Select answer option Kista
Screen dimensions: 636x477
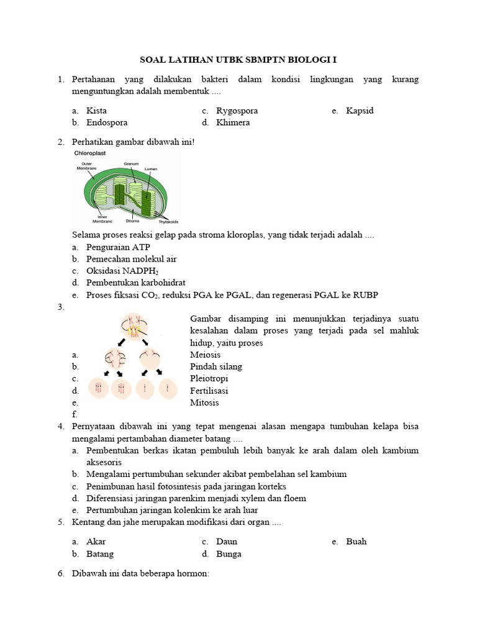(x=97, y=111)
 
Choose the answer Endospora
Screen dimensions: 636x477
(x=107, y=122)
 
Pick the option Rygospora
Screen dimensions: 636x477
(x=237, y=111)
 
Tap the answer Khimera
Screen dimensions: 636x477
(x=233, y=122)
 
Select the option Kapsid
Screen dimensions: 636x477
(x=360, y=111)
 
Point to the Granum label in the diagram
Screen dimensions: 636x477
(x=130, y=163)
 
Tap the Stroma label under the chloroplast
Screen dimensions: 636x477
(x=132, y=220)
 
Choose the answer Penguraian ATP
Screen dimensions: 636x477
(x=118, y=247)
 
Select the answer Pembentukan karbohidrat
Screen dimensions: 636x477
(x=136, y=283)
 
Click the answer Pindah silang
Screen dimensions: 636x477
(x=216, y=366)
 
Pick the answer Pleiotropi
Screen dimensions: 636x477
(x=209, y=378)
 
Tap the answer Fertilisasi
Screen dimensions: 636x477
(x=209, y=391)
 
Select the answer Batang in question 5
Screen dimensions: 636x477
(x=100, y=553)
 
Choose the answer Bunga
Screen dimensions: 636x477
(x=229, y=553)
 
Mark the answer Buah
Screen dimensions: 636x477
(x=357, y=541)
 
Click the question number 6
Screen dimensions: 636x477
(x=61, y=574)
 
